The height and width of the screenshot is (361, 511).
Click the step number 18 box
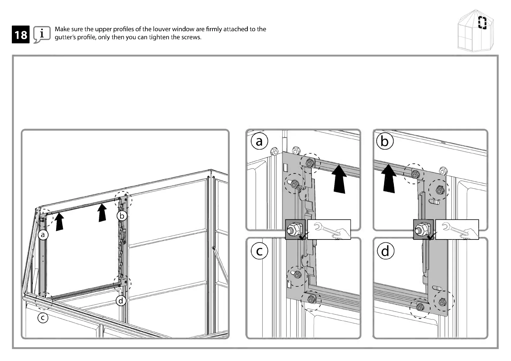(21, 35)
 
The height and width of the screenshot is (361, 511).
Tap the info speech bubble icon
(42, 34)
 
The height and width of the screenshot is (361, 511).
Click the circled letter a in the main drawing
(43, 235)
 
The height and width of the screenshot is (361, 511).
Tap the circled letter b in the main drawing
(122, 216)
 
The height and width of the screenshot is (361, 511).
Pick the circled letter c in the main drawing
(43, 318)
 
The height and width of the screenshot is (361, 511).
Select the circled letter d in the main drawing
(121, 301)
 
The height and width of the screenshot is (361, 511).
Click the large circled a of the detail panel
(259, 141)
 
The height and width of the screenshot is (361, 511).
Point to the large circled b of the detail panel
(384, 142)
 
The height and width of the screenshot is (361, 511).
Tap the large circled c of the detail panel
(259, 251)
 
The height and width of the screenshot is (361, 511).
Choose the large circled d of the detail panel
(385, 252)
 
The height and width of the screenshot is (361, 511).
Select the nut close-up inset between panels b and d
(423, 229)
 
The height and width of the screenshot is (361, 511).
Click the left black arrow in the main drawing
(59, 222)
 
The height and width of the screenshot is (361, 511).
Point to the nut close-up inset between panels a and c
(296, 229)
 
